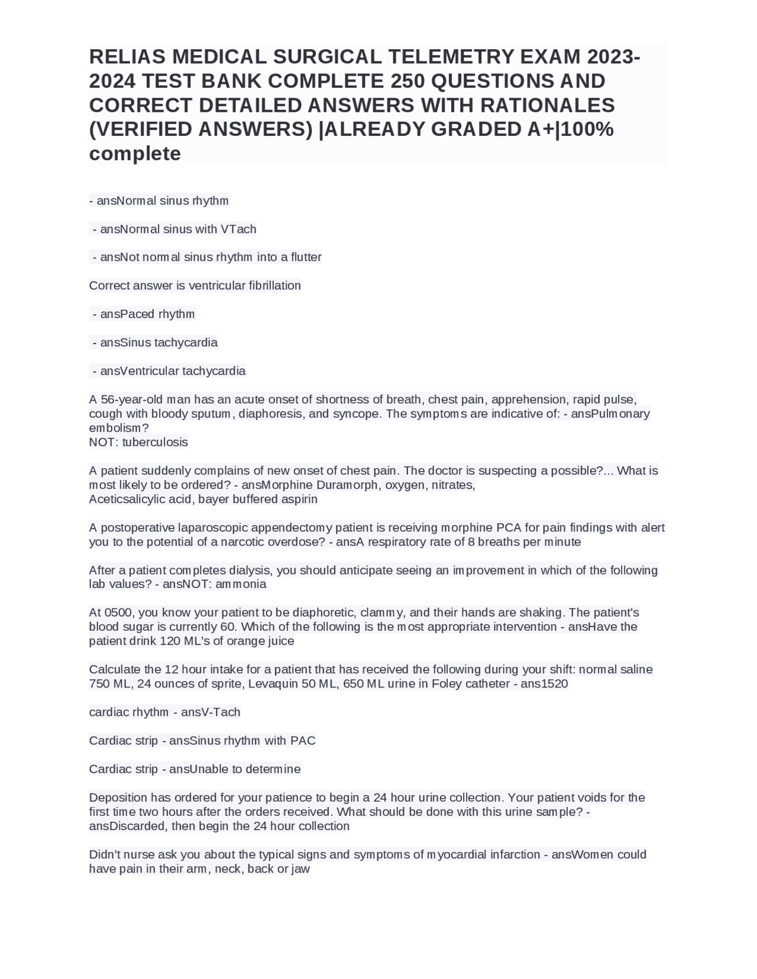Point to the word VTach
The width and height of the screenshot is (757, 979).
pos(238,229)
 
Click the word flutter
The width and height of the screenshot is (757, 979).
pos(306,258)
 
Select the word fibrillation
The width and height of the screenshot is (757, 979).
pos(274,286)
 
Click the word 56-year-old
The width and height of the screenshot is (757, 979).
pos(132,400)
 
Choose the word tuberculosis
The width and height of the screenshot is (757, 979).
pos(155,442)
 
